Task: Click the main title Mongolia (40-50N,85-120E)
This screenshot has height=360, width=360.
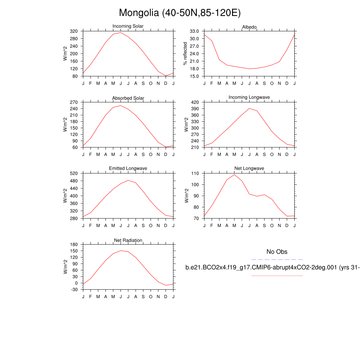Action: (180, 13)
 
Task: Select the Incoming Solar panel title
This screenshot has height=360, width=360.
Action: (128, 26)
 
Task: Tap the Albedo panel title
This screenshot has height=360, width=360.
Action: (249, 27)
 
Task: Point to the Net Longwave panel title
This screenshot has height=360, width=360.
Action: (249, 168)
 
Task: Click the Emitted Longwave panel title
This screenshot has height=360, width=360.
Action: (128, 168)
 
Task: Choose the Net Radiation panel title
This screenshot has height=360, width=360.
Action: (128, 240)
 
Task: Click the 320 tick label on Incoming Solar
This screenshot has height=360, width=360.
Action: (73, 31)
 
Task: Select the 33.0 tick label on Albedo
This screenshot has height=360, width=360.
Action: (194, 31)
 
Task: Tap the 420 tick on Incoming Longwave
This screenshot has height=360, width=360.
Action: (195, 102)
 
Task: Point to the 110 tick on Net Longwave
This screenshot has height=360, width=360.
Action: (195, 174)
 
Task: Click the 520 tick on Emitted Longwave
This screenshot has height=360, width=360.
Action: (73, 174)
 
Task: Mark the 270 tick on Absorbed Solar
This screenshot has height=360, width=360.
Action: (73, 102)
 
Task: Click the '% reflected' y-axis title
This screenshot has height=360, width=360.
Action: (185, 53)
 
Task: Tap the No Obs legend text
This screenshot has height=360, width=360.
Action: (277, 252)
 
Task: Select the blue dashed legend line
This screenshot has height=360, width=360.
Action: (277, 259)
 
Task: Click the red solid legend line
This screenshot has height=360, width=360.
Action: (277, 276)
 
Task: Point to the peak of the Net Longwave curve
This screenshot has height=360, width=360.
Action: (234, 174)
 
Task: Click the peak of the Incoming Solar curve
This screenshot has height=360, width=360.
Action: (121, 33)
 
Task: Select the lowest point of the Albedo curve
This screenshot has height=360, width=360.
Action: (249, 69)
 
